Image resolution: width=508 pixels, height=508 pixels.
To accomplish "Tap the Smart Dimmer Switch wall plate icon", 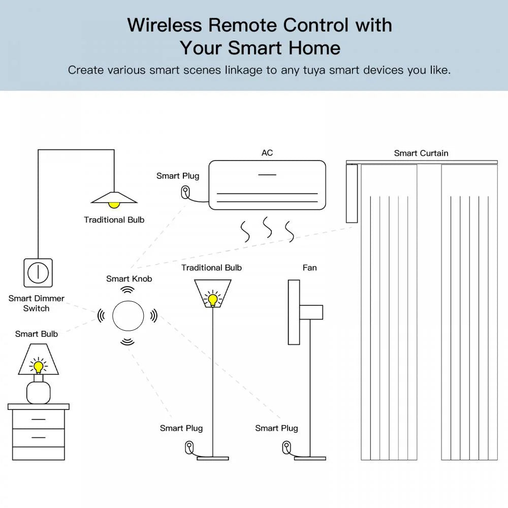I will click(38, 273).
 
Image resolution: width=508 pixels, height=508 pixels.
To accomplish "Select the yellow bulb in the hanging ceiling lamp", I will click(114, 204).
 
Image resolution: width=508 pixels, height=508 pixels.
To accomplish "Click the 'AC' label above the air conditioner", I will click(267, 153).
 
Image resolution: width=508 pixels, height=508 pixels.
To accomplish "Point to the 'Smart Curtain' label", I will click(421, 153).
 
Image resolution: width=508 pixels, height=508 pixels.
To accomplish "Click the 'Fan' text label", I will click(309, 268).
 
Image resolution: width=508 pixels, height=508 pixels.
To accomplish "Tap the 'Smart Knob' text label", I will click(129, 278).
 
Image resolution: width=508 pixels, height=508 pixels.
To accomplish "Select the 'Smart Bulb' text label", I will click(37, 334).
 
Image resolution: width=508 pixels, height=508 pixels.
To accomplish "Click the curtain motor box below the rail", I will click(352, 194).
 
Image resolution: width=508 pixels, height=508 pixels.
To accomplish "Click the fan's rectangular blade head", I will click(294, 312).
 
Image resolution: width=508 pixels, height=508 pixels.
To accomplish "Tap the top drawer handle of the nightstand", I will click(39, 420).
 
